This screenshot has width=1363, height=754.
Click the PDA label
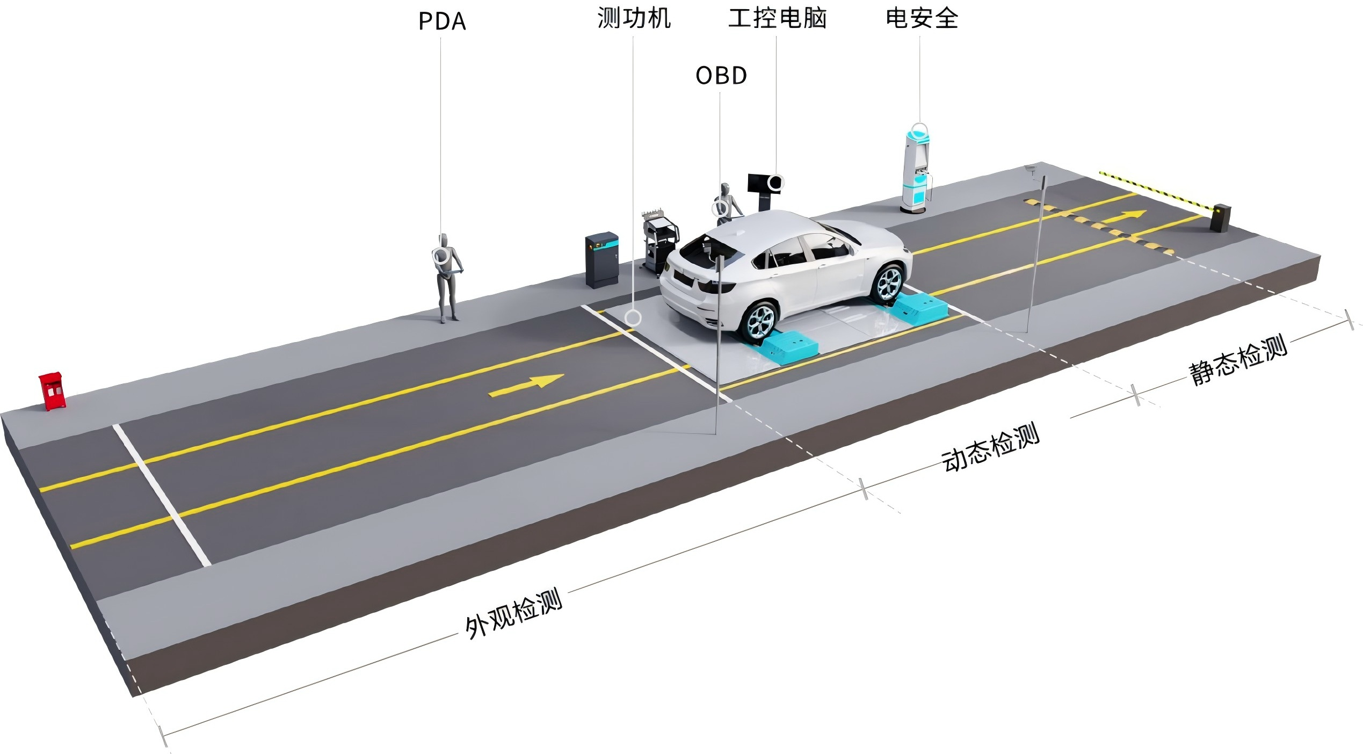(441, 21)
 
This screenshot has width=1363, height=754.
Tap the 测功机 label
(634, 19)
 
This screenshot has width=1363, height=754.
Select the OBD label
(721, 76)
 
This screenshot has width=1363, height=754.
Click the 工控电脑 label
(777, 19)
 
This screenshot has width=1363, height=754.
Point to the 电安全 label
(922, 19)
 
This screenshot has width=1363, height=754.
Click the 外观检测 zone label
(513, 612)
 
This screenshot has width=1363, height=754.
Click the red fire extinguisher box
(52, 390)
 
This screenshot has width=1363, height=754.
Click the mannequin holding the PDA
(447, 277)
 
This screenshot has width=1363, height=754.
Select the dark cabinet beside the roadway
(601, 259)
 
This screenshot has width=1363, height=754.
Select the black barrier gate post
(1220, 218)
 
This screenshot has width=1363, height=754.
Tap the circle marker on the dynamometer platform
(633, 318)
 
